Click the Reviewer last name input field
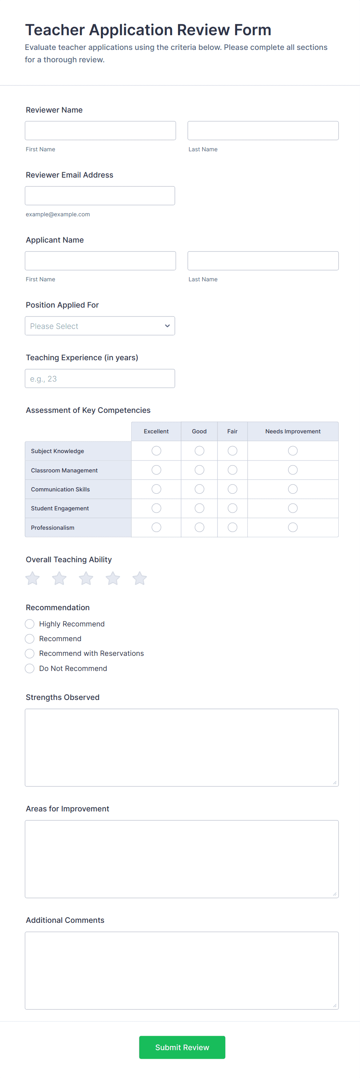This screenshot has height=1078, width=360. (x=263, y=130)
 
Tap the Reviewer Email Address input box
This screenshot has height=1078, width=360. (x=99, y=196)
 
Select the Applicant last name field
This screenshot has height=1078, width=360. (x=263, y=261)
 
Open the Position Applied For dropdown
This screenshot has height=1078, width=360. (x=99, y=326)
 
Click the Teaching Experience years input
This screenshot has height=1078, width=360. (x=99, y=379)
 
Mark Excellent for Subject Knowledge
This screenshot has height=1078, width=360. (x=156, y=451)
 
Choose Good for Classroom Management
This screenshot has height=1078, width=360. (x=199, y=470)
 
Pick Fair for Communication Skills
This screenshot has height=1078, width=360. (x=232, y=489)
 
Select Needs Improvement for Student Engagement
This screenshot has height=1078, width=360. (x=293, y=508)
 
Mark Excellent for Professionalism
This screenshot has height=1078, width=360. (x=156, y=527)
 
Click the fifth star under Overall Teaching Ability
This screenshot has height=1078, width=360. (x=139, y=578)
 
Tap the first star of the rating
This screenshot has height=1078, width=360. (x=32, y=578)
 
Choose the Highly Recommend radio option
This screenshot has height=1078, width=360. (x=30, y=624)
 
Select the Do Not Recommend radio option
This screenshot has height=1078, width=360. (x=30, y=668)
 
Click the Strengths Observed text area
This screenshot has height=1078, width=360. (x=181, y=748)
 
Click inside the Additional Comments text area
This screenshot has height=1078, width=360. (x=181, y=970)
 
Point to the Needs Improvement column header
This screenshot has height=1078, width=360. (x=293, y=431)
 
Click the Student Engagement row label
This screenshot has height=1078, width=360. (x=60, y=508)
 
